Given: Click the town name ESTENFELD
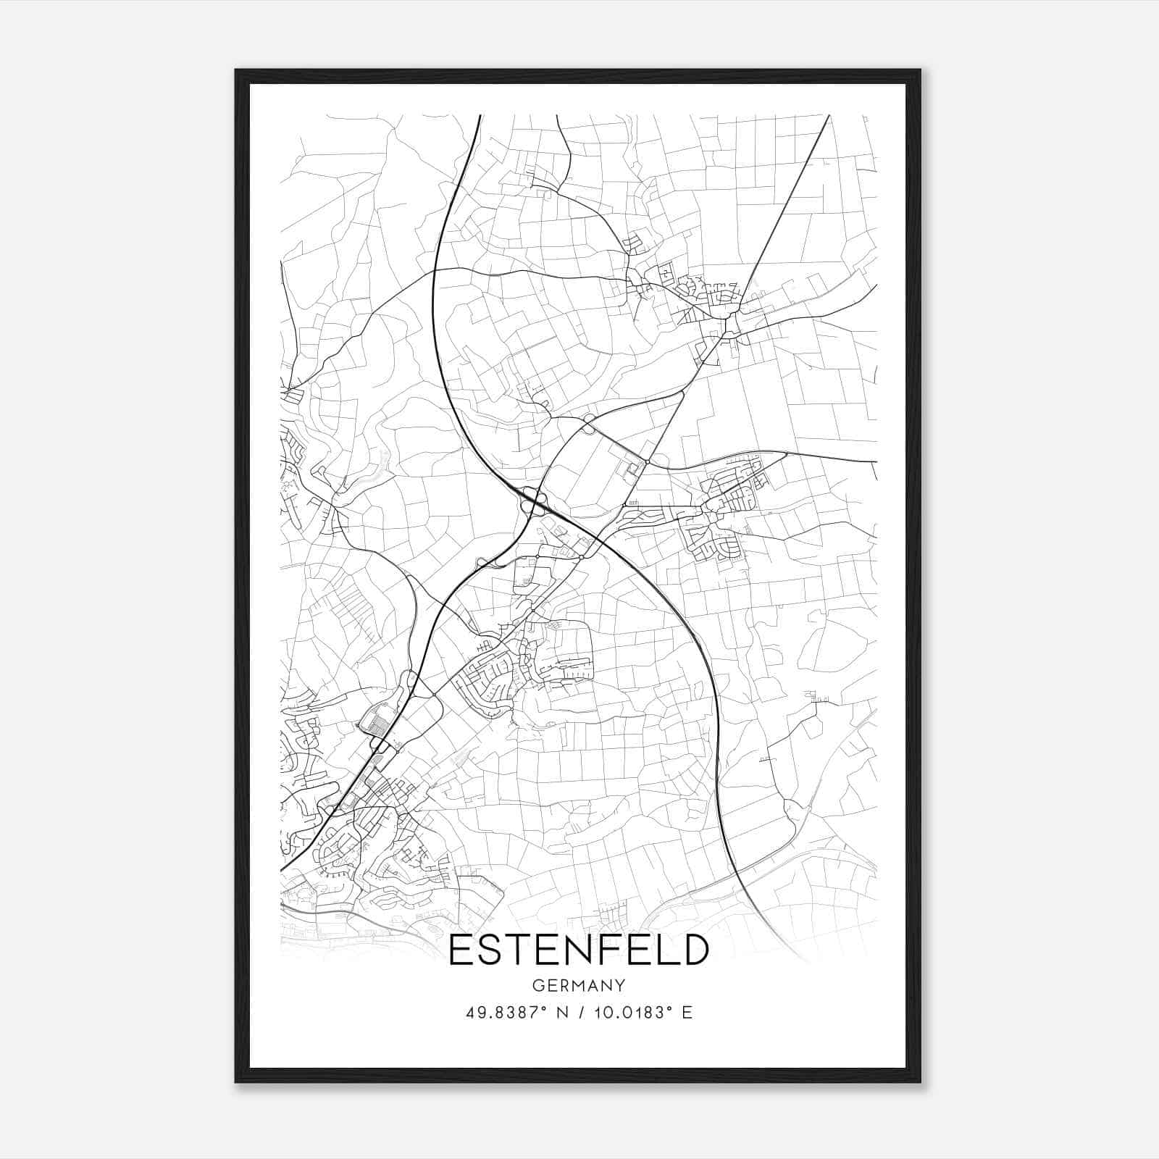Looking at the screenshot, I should click(578, 950).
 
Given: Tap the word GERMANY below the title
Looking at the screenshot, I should click(578, 986).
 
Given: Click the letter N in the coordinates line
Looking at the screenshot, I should click(558, 1013).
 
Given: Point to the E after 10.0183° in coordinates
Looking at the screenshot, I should click(687, 1013).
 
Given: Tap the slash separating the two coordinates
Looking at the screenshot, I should click(577, 1013).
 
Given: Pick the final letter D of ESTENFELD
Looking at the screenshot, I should click(695, 950).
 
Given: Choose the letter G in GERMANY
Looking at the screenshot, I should click(537, 986).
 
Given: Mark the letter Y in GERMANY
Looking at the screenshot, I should click(619, 986).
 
